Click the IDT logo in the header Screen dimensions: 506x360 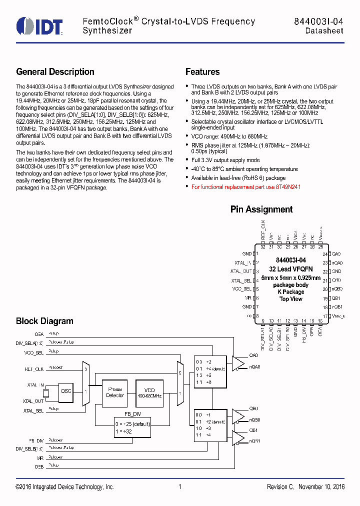point(39,26)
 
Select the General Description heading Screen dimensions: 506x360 point(55,72)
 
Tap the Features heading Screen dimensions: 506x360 point(202,72)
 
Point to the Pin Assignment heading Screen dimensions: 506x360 point(261,209)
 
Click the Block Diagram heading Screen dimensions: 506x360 point(44,321)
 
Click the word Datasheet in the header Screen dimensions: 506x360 point(324,31)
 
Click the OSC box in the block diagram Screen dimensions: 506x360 point(65,391)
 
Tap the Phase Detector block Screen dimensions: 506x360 point(115,392)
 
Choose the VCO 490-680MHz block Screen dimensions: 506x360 point(150,392)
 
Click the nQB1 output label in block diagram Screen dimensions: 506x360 point(255,441)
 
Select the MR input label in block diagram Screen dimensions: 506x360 point(40,457)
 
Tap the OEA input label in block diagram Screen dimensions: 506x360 point(38,333)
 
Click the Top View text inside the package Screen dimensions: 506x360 point(290,299)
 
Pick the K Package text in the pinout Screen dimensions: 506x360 point(290,292)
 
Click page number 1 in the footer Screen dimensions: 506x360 point(179,487)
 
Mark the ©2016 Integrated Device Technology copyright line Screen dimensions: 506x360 point(65,487)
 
